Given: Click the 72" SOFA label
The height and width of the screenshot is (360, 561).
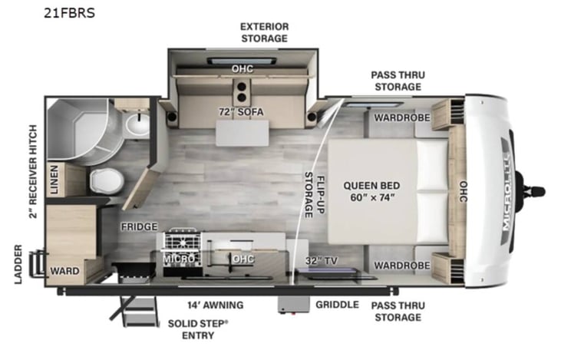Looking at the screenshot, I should click(241, 112).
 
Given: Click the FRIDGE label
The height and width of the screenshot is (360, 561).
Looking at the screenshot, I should click(139, 227).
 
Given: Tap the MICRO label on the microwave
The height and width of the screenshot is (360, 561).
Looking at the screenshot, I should click(178, 259).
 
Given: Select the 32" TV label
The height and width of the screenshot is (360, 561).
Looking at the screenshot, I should click(321, 259).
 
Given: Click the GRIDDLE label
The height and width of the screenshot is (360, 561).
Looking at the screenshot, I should click(337, 304).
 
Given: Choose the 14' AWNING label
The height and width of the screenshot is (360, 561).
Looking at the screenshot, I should click(211, 304).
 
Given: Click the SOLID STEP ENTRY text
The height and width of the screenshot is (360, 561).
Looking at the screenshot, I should click(197, 329).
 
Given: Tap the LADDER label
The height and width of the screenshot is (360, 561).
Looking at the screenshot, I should click(18, 264).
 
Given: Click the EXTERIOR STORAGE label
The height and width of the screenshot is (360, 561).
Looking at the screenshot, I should click(264, 31).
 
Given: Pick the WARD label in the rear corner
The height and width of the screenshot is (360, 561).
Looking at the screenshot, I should click(67, 271).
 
